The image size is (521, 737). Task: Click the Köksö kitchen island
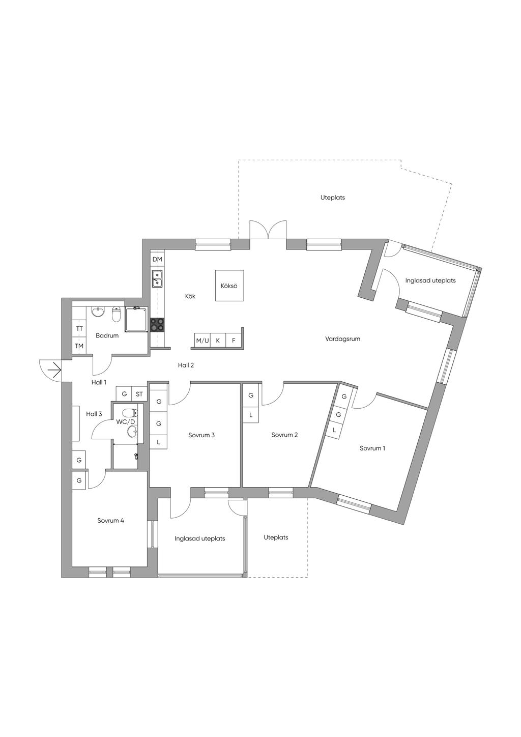229,285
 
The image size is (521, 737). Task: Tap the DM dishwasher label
157,259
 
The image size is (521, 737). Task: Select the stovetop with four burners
157,325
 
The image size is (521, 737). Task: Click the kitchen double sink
157,278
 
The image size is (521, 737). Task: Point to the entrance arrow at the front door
54,371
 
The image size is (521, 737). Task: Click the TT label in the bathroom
79,329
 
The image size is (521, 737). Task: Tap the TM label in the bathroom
79,346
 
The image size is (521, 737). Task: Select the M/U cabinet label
202,341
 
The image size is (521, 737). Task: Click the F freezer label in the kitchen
234,340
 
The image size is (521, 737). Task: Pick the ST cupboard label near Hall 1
139,394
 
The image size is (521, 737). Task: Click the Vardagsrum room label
342,338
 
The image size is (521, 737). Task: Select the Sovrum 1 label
372,448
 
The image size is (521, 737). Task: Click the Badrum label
107,335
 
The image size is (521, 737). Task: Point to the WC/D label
126,422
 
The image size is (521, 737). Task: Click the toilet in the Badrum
116,315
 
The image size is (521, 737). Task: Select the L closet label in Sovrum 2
251,415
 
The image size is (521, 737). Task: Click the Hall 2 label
186,365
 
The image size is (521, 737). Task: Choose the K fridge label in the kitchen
218,340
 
